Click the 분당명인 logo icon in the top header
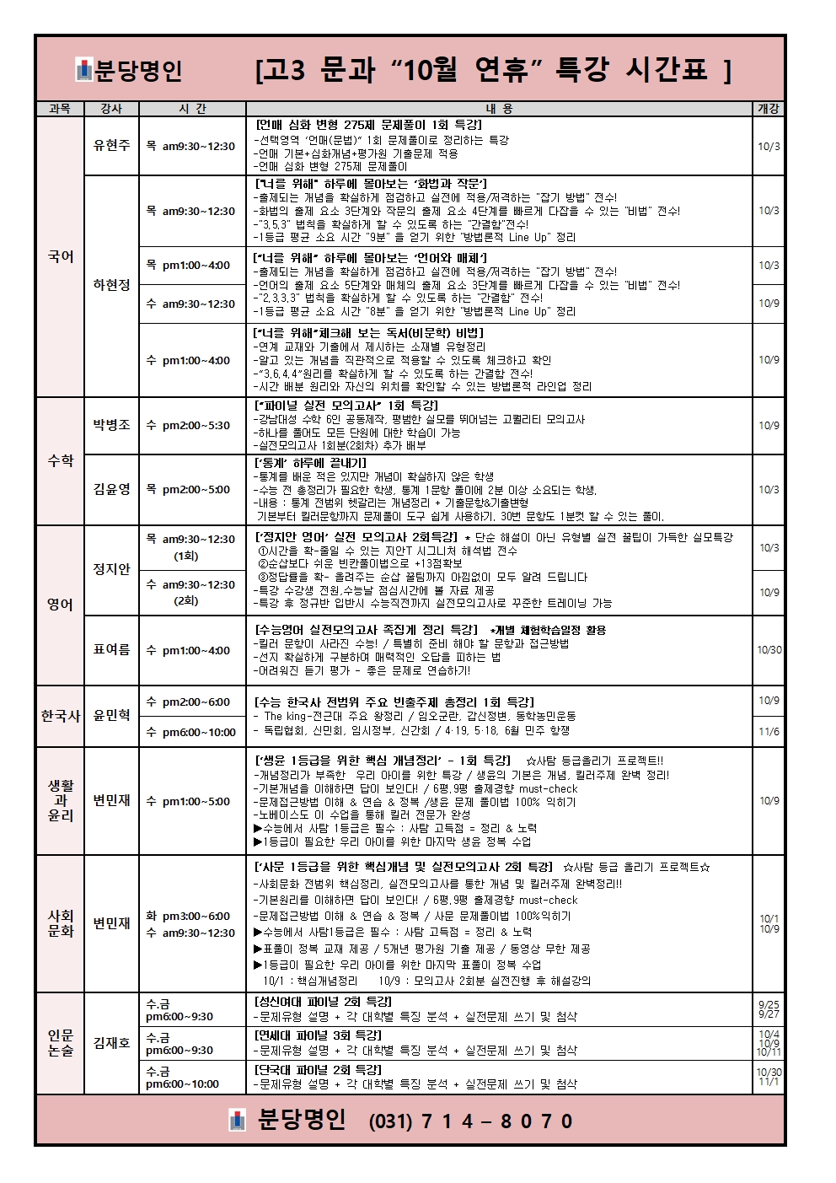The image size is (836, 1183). (x=83, y=70)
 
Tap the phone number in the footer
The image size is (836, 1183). (x=471, y=1121)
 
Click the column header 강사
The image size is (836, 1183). (x=111, y=109)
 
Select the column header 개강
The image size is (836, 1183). (x=768, y=109)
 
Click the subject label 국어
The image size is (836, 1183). (x=61, y=256)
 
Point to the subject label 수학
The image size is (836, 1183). (x=61, y=460)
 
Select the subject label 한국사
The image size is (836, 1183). (x=61, y=716)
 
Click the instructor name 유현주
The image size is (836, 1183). (x=111, y=146)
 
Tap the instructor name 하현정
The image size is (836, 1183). (x=111, y=285)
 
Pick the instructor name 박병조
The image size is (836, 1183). (x=111, y=425)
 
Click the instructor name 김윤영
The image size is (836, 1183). (x=111, y=489)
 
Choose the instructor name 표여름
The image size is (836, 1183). (x=111, y=650)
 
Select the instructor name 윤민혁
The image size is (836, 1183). (x=111, y=716)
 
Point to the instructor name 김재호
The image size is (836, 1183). (x=111, y=1043)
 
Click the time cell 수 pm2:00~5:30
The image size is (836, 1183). (x=188, y=426)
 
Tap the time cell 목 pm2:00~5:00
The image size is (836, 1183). (x=188, y=490)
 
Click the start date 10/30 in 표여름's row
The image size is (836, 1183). (x=769, y=650)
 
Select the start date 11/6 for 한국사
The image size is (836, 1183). (x=769, y=732)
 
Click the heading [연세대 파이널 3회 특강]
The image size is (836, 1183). (x=318, y=1035)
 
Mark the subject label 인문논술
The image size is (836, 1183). (x=61, y=1043)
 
